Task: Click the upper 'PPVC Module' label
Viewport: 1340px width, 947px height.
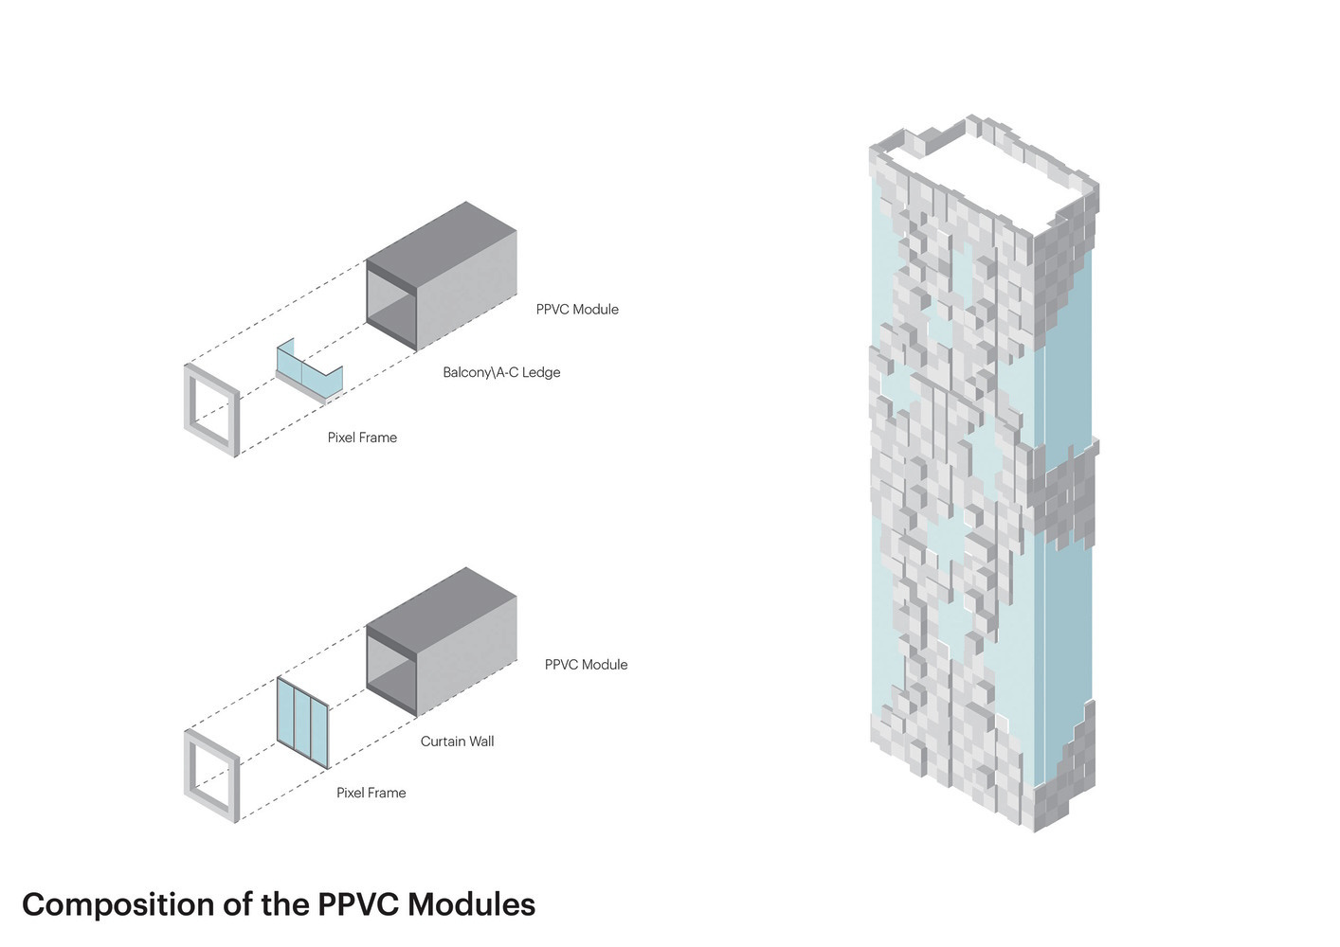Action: pos(577,310)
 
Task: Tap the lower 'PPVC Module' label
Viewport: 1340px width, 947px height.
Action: pos(586,665)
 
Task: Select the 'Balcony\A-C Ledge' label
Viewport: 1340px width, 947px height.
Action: pos(501,373)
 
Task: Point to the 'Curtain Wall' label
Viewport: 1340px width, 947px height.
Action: pos(457,742)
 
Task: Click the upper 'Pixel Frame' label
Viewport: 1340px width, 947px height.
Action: pos(362,438)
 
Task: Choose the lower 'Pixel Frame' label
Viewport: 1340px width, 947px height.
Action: pos(371,793)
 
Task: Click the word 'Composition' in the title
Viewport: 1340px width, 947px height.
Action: pos(117,905)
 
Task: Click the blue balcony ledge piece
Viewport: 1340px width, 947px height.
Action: pos(307,369)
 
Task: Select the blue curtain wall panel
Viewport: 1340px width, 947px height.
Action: pos(302,722)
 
